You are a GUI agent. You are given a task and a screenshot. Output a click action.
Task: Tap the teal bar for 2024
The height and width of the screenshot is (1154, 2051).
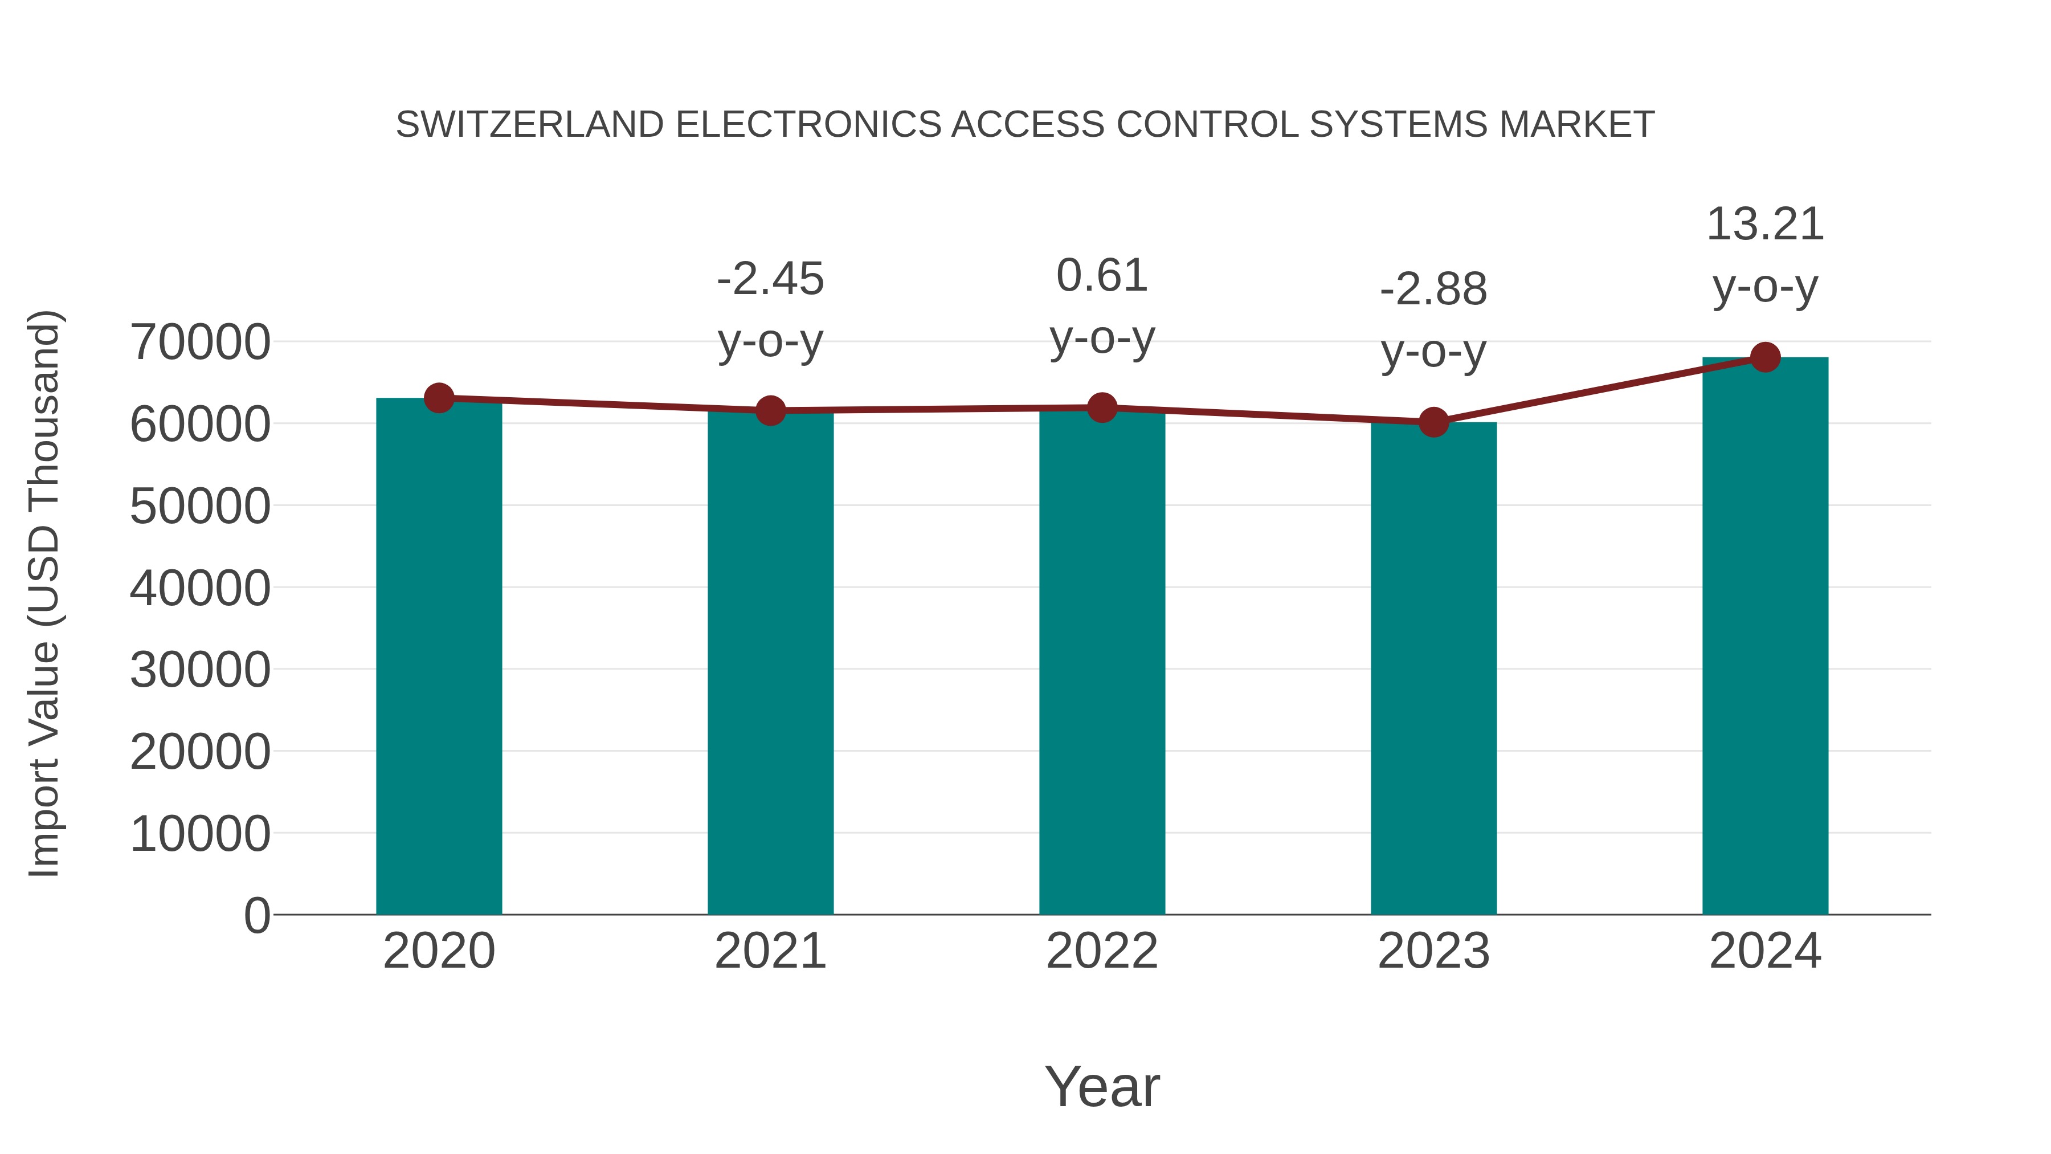(1765, 637)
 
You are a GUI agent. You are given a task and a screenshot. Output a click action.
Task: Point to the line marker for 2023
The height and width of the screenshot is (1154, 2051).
(1433, 422)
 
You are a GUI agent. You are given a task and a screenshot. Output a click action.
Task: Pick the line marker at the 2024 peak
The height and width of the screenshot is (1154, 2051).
(1765, 357)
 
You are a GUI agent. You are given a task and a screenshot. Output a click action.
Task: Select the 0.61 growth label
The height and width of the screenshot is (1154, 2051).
(1102, 276)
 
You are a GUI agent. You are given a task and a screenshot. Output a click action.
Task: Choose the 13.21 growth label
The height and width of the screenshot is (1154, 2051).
(1765, 225)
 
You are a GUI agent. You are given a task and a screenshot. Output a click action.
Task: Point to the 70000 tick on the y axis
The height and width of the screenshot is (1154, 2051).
(200, 342)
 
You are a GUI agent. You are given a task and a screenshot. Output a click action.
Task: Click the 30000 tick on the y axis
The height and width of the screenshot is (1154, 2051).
(200, 670)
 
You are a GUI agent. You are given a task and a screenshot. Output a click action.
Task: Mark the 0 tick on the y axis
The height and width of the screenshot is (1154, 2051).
(256, 915)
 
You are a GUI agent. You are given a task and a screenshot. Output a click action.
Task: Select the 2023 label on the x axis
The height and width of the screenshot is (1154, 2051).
(1433, 951)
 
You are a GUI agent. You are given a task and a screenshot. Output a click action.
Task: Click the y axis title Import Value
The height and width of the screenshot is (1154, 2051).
(44, 593)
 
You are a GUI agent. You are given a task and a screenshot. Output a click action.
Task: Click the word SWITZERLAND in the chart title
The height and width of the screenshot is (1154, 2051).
(529, 125)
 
